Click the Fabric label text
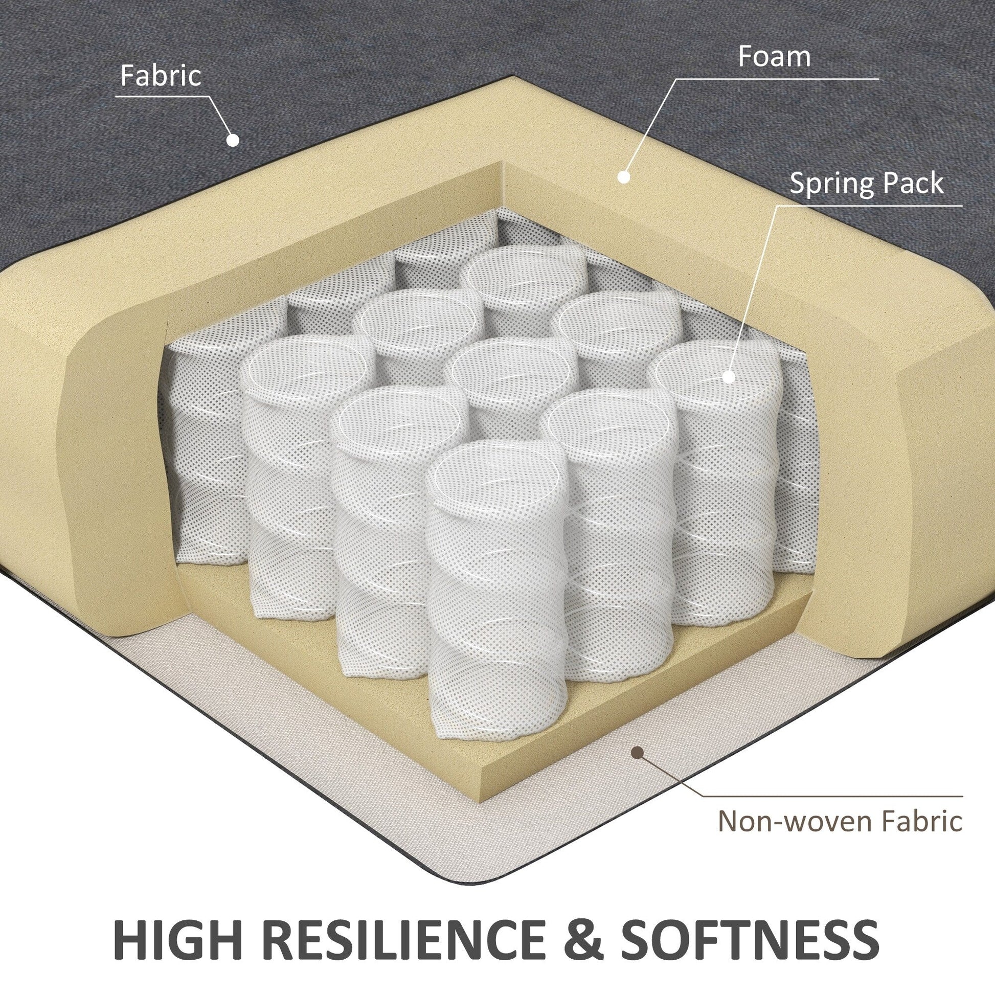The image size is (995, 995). (x=161, y=76)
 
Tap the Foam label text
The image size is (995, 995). (x=774, y=57)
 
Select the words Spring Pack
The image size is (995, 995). (x=867, y=184)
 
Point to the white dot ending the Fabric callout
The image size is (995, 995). (x=233, y=141)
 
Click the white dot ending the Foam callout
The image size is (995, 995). (x=624, y=176)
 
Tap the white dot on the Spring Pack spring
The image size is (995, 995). (x=728, y=376)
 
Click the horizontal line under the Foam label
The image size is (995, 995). (x=777, y=79)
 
